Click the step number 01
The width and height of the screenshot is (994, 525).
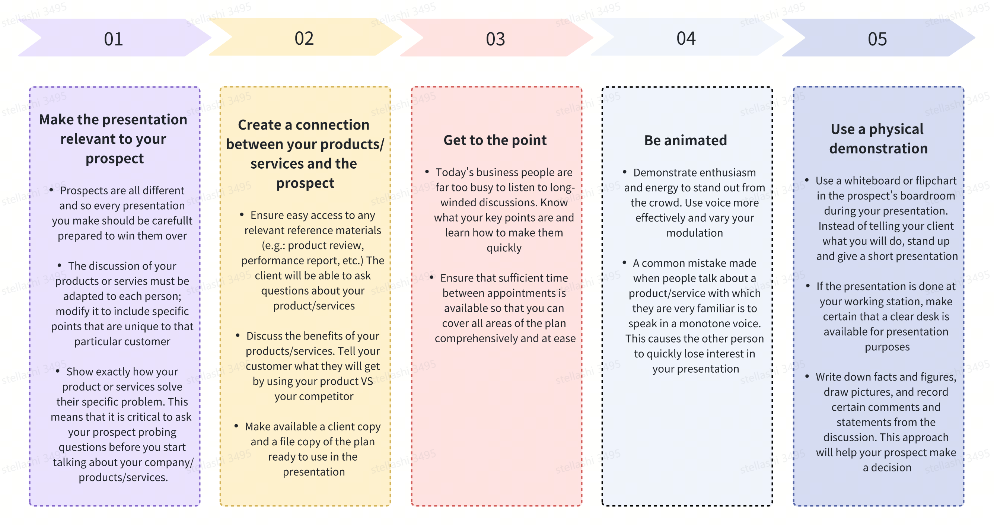tap(114, 39)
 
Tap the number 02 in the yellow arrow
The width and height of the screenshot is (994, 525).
tap(304, 38)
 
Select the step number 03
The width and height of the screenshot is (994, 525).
tap(496, 39)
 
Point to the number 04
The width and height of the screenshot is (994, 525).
tap(686, 38)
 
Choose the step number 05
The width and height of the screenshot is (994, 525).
tap(877, 39)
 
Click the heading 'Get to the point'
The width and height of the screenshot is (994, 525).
tap(495, 140)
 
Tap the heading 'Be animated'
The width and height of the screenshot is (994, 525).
tap(686, 140)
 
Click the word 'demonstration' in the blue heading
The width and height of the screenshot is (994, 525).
tap(879, 149)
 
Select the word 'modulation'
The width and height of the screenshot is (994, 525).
tap(695, 233)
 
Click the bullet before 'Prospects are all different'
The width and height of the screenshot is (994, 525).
tap(51, 190)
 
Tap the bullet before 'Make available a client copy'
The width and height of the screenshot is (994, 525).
tap(236, 426)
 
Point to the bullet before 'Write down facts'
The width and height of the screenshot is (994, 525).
tap(807, 376)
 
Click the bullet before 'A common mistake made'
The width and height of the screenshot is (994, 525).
tap(624, 262)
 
